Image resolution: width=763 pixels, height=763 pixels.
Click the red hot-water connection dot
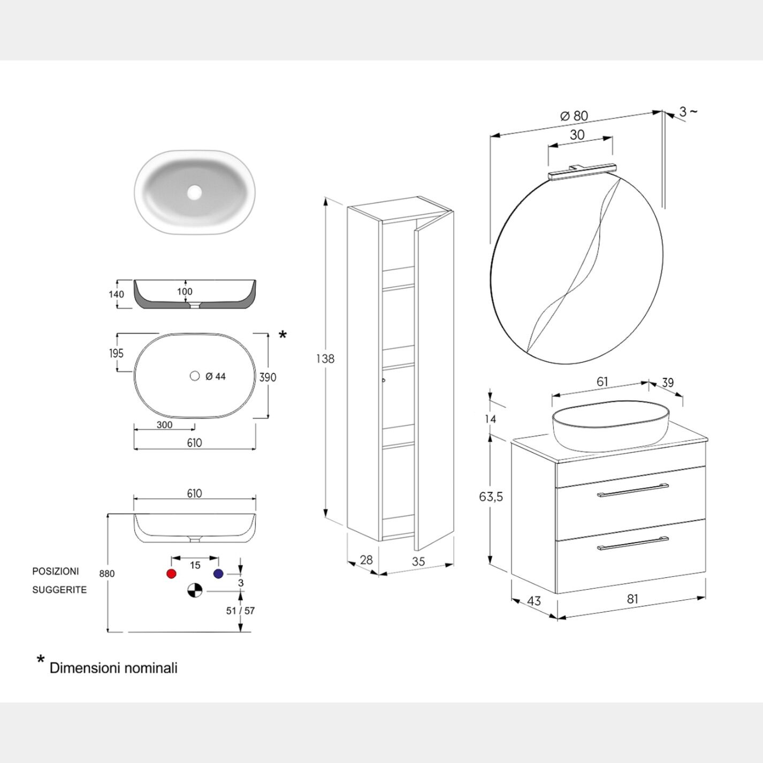tap(171, 574)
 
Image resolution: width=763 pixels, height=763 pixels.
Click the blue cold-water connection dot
tap(218, 574)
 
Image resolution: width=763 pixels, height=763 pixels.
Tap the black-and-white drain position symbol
tap(195, 591)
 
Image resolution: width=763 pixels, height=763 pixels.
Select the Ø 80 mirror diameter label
tap(574, 116)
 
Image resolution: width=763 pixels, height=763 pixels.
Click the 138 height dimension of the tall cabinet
tap(325, 358)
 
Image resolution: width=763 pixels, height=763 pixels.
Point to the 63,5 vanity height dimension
tap(491, 497)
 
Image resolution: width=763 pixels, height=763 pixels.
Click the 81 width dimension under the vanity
tap(632, 599)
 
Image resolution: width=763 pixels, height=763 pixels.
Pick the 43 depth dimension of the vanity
tap(534, 601)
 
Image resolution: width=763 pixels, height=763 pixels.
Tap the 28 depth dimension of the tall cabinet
tap(366, 560)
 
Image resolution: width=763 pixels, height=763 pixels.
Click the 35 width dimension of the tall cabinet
tap(418, 561)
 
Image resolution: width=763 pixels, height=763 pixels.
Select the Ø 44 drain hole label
tap(215, 377)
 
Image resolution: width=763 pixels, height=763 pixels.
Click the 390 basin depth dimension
tap(268, 377)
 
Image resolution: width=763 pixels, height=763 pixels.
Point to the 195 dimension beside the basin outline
tap(116, 353)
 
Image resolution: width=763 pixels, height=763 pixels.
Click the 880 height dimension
tap(107, 574)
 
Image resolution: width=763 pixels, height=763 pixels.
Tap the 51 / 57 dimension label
tap(240, 611)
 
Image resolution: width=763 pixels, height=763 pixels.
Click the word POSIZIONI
tap(56, 571)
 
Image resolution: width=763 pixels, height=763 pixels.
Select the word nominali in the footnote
tap(151, 668)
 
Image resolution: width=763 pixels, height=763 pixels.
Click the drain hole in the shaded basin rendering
tap(194, 192)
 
